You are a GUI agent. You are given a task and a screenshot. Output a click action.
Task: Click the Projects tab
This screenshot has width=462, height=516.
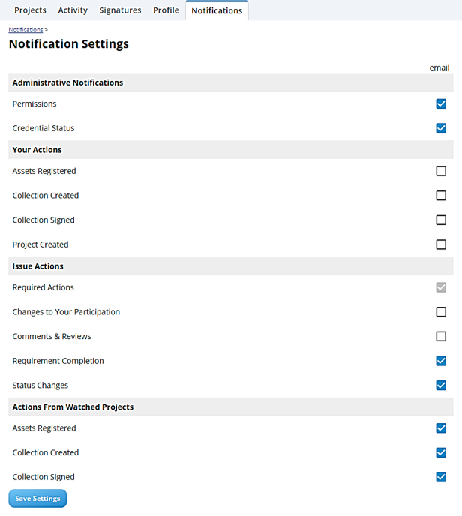point(30,10)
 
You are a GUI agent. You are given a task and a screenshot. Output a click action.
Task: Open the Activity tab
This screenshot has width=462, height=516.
point(73,10)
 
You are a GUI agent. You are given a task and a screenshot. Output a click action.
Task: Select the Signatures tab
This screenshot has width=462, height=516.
point(120,10)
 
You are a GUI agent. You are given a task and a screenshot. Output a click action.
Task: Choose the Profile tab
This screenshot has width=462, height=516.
point(166,10)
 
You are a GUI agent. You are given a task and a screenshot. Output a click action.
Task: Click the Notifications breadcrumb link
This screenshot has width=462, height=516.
point(25,29)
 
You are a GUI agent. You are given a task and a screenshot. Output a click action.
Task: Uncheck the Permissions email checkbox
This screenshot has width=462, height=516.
point(441,103)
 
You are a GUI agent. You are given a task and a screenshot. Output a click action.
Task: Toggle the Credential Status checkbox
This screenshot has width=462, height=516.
point(441,128)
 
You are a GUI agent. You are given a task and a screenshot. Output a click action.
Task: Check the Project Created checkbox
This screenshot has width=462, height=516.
point(441,244)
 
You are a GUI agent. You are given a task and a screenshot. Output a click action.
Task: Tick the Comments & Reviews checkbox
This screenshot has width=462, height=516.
point(441,336)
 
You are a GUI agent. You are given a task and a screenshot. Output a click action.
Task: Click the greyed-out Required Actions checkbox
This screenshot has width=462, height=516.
point(441,287)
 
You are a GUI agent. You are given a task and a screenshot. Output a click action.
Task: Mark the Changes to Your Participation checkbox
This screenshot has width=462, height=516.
point(441,312)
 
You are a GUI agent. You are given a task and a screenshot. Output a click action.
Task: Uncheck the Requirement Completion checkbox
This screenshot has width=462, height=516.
point(441,361)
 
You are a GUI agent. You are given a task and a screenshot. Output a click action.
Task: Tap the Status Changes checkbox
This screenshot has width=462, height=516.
point(441,385)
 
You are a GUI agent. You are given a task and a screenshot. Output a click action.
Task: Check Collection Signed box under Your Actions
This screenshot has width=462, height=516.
point(441,220)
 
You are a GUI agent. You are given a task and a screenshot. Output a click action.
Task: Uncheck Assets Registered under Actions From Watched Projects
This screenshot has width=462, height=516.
point(441,428)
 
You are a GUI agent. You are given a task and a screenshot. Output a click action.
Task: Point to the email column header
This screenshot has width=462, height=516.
point(439,67)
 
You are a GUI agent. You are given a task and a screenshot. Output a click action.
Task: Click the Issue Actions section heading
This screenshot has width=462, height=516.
point(38,266)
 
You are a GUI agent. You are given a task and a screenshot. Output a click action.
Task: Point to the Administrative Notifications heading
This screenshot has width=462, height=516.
point(67,82)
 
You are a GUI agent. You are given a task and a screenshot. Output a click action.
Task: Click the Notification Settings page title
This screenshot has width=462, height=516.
point(69,44)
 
